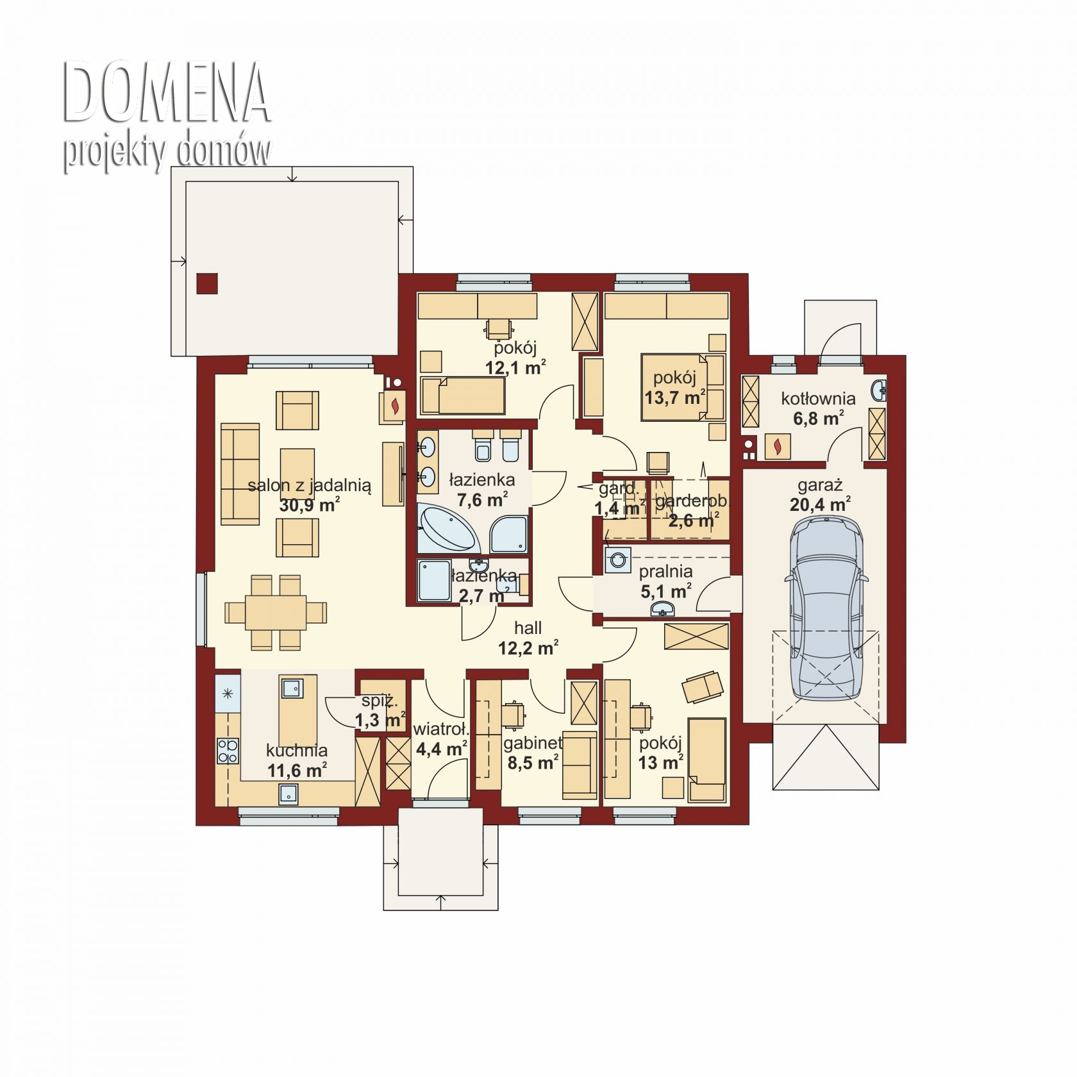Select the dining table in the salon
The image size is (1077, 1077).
pyautogui.click(x=276, y=612)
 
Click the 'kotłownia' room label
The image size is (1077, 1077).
pyautogui.click(x=818, y=398)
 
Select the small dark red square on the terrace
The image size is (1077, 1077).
pyautogui.click(x=207, y=283)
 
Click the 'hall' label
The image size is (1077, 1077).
pyautogui.click(x=528, y=628)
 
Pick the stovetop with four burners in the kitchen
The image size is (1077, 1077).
pyautogui.click(x=228, y=751)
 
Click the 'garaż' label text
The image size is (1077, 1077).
pyautogui.click(x=821, y=485)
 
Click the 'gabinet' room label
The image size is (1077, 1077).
pyautogui.click(x=533, y=743)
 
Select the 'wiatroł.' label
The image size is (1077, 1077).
pyautogui.click(x=442, y=730)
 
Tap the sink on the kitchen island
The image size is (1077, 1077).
pyautogui.click(x=292, y=688)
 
